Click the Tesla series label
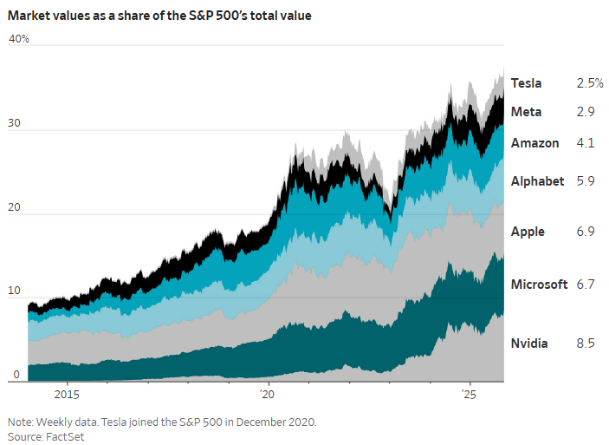click(x=526, y=83)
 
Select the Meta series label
click(x=526, y=112)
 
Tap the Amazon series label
click(x=534, y=143)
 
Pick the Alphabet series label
click(x=537, y=181)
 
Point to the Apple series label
click(x=528, y=232)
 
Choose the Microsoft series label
click(x=539, y=285)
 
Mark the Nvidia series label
click(x=529, y=344)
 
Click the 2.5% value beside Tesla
click(x=589, y=83)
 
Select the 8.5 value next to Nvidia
click(x=585, y=344)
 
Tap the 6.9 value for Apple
click(x=585, y=232)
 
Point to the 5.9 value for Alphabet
click(x=585, y=181)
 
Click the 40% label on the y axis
click(x=18, y=39)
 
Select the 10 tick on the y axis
click(x=13, y=291)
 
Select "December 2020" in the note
click(x=277, y=422)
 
